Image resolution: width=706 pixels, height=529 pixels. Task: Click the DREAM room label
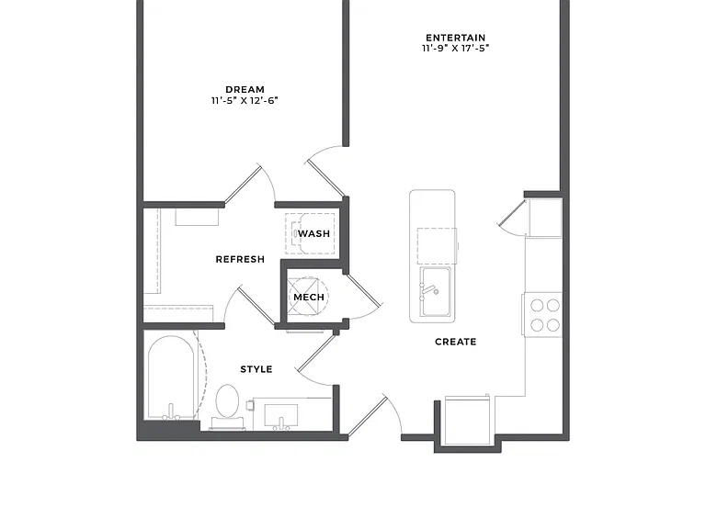(245, 89)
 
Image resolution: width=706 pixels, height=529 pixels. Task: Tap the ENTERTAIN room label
(456, 38)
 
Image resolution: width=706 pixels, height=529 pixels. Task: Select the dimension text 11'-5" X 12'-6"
(245, 100)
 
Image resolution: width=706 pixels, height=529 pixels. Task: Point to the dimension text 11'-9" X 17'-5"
(456, 49)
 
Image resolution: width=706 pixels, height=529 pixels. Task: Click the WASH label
(313, 233)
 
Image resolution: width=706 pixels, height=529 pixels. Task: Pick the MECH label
(309, 298)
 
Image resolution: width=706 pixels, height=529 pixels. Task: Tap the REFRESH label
(240, 259)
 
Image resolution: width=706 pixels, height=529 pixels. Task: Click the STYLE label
(256, 369)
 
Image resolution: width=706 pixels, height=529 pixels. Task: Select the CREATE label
(456, 342)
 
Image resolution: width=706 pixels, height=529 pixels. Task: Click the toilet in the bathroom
(227, 406)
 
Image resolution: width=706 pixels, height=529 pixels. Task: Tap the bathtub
(171, 377)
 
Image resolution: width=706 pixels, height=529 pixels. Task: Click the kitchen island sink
(435, 291)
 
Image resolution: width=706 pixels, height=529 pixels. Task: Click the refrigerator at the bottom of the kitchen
(468, 419)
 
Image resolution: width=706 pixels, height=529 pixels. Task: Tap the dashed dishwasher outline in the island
(437, 246)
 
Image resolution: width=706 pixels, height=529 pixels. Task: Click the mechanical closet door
(363, 289)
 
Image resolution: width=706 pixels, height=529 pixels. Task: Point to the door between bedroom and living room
(325, 176)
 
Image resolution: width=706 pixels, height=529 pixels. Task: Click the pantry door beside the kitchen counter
(512, 218)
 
